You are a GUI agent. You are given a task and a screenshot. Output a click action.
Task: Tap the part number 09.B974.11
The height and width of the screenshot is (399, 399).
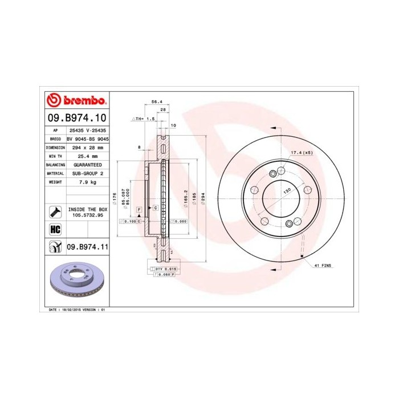tap(87, 247)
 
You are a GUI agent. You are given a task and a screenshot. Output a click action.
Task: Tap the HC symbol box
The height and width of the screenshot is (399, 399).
tap(55, 229)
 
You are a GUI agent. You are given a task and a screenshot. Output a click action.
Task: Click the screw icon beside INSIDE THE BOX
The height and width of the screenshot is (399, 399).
tap(55, 212)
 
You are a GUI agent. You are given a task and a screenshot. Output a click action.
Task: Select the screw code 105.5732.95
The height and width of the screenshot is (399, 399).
tap(87, 215)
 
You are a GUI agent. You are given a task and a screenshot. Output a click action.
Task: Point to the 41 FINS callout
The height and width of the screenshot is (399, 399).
tap(322, 266)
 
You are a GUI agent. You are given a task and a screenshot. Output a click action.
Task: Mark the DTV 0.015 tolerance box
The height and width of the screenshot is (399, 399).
tap(161, 267)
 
